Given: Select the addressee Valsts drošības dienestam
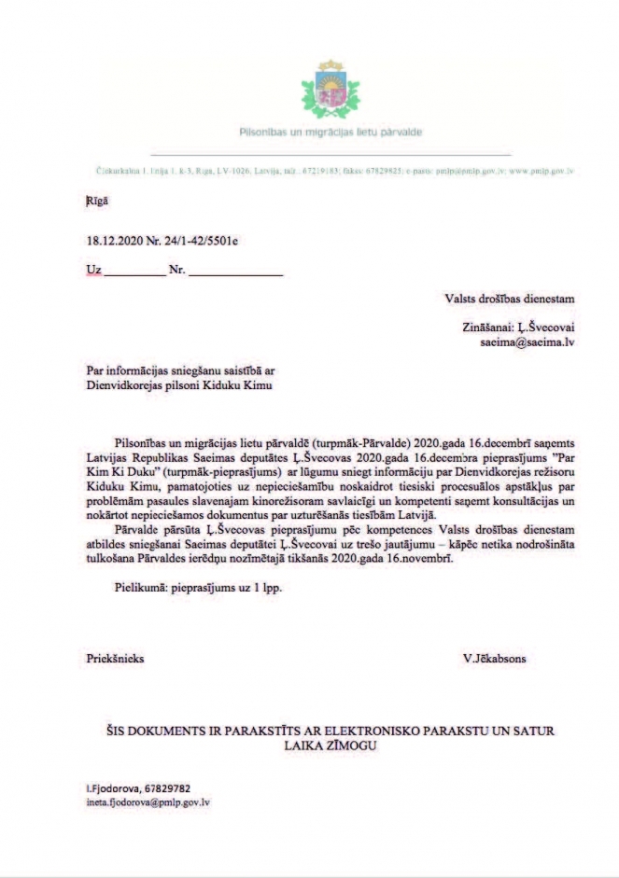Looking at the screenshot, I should point(509,299).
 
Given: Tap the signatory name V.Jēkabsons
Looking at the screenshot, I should point(494,658).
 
